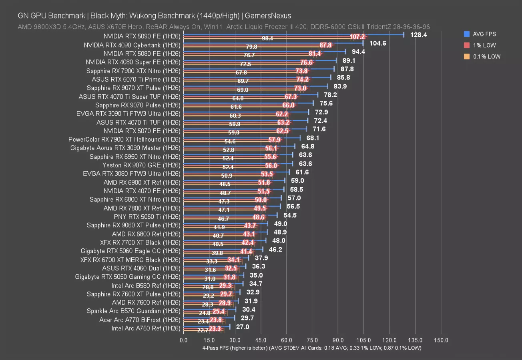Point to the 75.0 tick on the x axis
[312, 340]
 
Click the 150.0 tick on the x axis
[441, 340]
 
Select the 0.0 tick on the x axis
[183, 340]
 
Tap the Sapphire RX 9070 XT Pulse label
[133, 88]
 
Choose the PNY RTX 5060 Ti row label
[147, 217]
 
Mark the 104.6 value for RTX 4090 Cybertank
[377, 43]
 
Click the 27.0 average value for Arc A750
[242, 327]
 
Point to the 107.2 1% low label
[357, 37]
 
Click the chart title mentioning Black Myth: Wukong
[154, 16]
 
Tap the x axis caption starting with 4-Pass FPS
[312, 348]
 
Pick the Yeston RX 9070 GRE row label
[141, 165]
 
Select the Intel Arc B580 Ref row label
[146, 286]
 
